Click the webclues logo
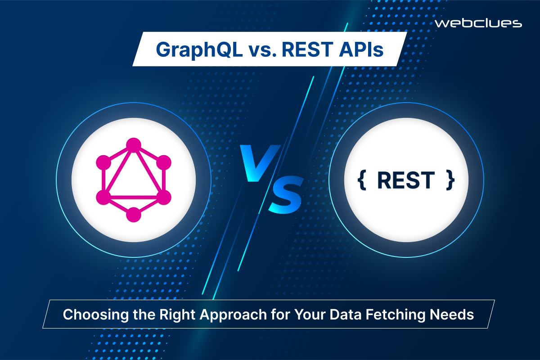pos(478,23)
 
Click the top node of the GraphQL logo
pos(134,144)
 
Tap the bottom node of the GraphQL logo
pos(134,215)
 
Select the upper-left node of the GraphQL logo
pos(103,162)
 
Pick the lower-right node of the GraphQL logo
pos(164,197)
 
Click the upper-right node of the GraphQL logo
pos(164,162)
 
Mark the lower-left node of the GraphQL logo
pos(103,197)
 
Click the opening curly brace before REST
pos(360,180)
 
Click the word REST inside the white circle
pos(405,180)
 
